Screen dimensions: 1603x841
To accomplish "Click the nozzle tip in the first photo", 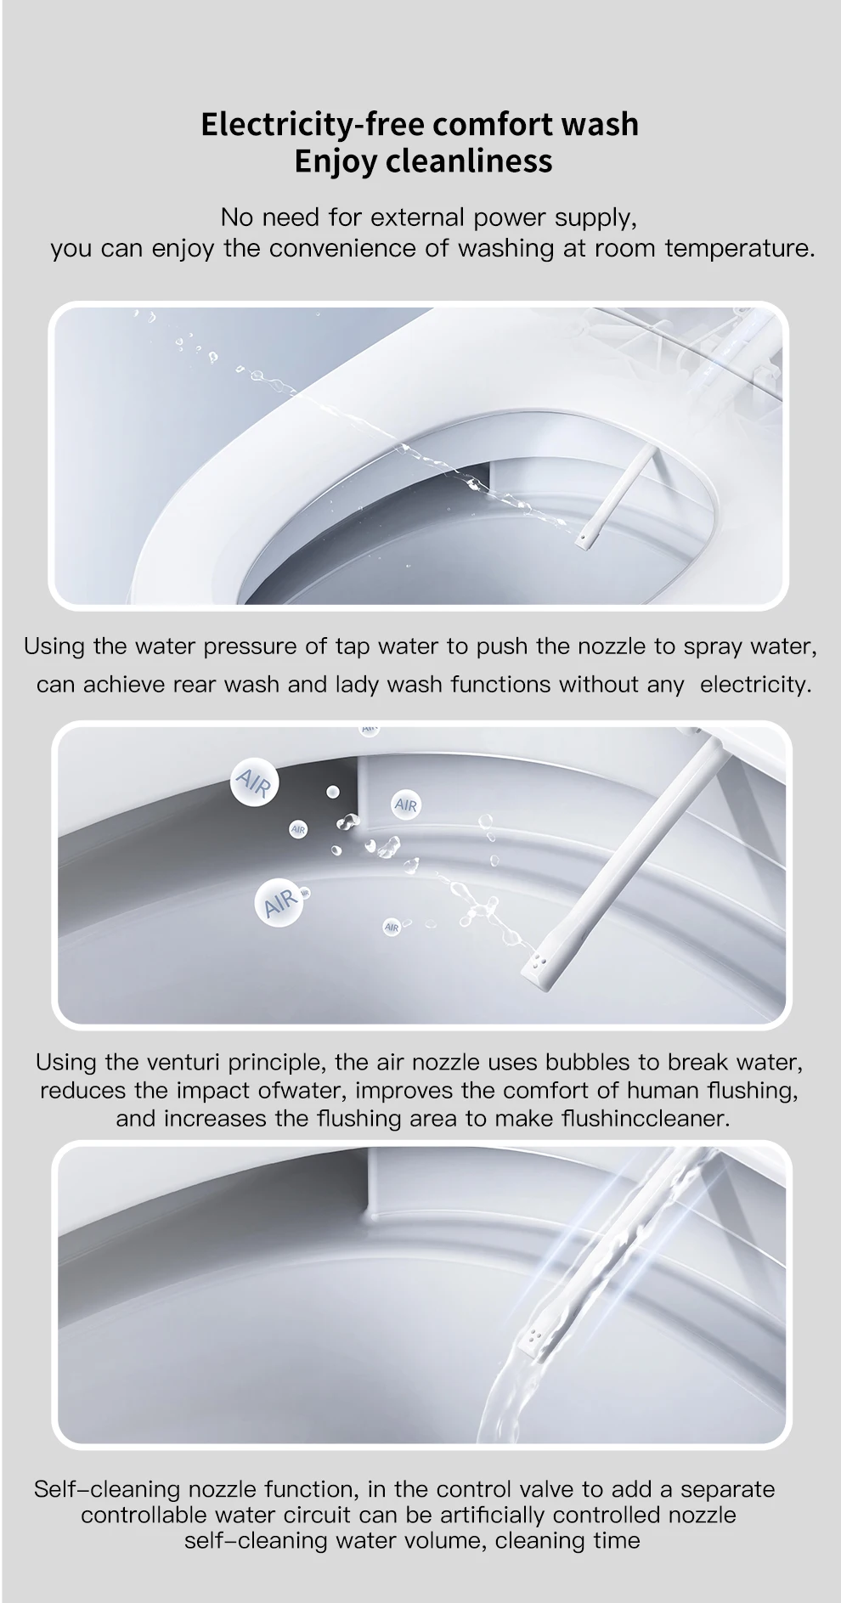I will point(584,539).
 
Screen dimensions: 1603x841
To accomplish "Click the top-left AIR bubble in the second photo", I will point(252,782).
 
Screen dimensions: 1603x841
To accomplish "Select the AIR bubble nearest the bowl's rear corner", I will point(406,804).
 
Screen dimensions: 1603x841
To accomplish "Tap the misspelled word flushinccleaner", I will point(646,1118).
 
